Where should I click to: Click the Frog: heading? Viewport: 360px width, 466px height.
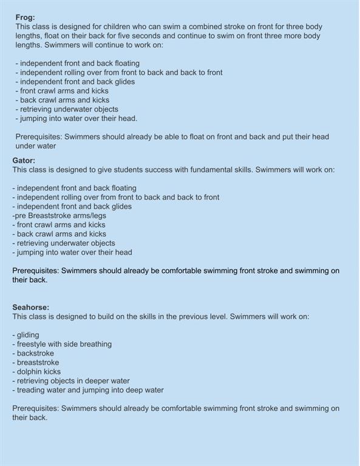[25, 18]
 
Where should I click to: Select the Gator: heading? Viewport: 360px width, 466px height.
[24, 161]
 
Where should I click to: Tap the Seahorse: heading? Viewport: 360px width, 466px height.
[30, 308]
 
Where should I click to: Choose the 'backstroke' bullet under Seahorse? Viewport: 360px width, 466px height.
[35, 353]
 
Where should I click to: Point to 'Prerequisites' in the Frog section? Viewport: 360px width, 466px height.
[37, 137]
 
